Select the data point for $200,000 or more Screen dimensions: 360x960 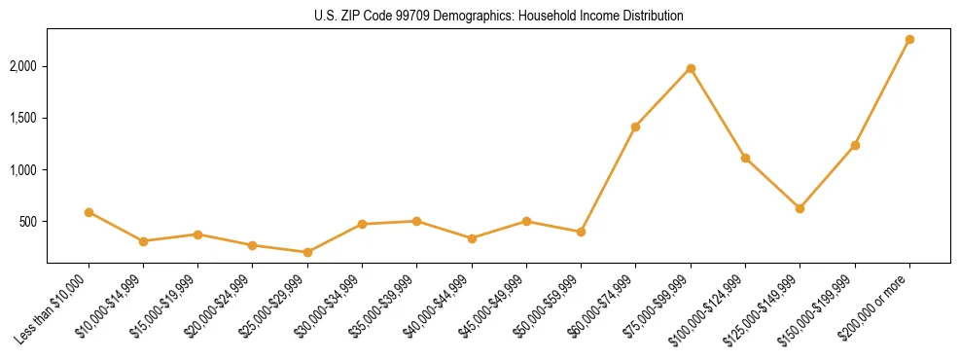click(909, 39)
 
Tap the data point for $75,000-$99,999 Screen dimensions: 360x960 click(691, 68)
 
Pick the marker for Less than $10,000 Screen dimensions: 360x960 click(89, 212)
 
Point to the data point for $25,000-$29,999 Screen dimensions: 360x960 click(307, 252)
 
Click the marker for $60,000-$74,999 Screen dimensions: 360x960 click(635, 126)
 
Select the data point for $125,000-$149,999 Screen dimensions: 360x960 click(800, 208)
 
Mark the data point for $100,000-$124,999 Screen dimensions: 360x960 click(745, 158)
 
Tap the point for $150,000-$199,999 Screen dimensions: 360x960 click(855, 145)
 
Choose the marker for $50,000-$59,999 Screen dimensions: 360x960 click(581, 232)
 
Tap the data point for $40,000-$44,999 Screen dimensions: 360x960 click(472, 238)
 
